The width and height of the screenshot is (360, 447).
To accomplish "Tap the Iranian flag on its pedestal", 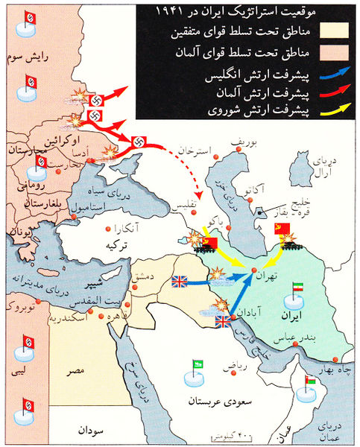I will [296, 292].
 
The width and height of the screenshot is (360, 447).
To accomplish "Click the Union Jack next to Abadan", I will [223, 321].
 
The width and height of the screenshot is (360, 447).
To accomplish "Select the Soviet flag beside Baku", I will [209, 243].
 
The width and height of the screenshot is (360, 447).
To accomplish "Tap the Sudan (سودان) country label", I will [87, 430].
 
